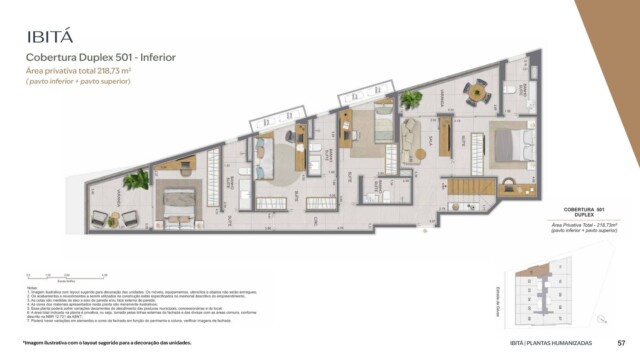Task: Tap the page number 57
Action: tap(621, 342)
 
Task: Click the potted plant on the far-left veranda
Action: tap(134, 181)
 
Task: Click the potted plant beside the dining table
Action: tap(412, 100)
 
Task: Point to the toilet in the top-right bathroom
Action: tap(509, 92)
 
